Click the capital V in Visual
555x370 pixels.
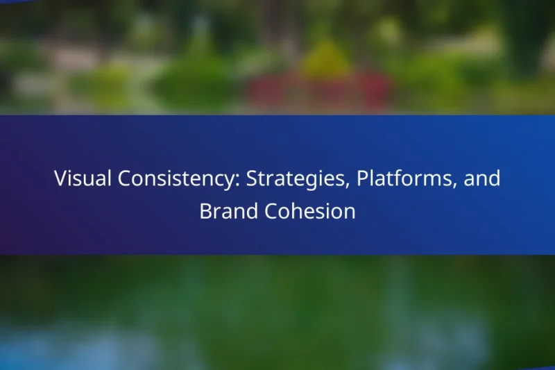pyautogui.click(x=60, y=178)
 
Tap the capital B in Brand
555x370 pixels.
pyautogui.click(x=205, y=211)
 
